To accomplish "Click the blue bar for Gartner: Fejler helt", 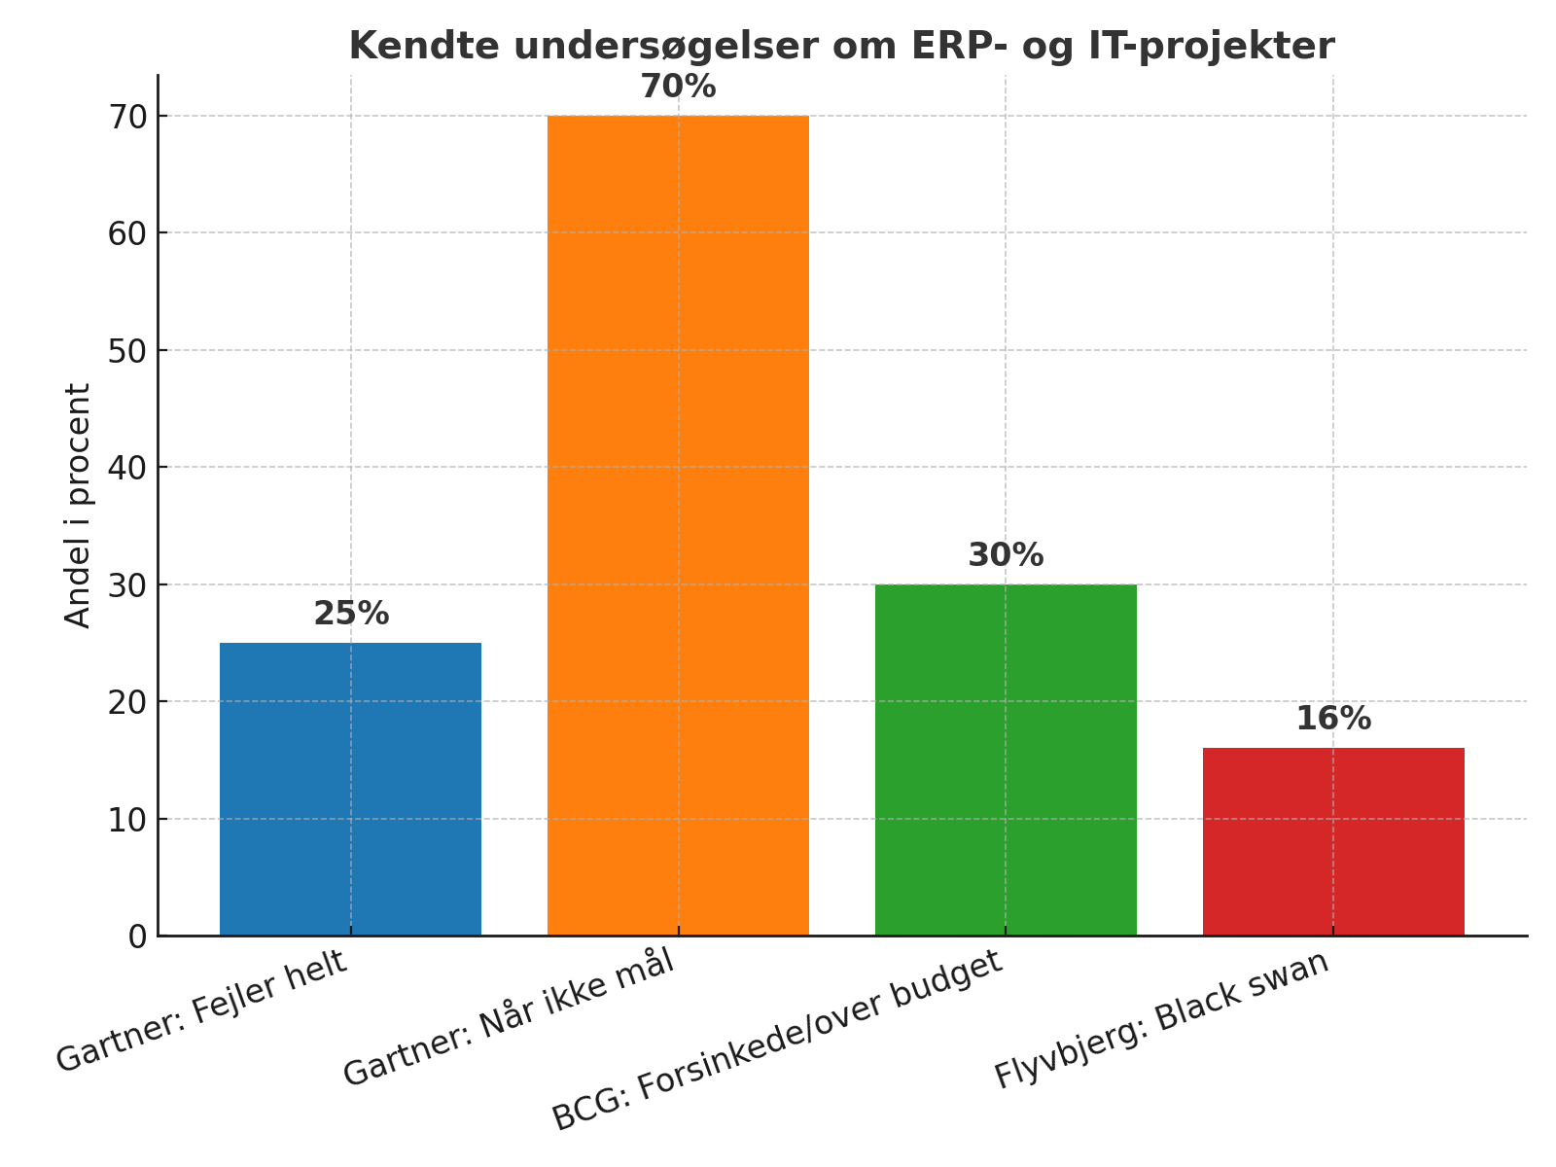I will point(350,789).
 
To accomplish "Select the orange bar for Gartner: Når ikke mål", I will point(678,525).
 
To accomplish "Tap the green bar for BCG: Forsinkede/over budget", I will point(1006,760).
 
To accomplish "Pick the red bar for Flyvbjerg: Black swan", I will point(1333,841).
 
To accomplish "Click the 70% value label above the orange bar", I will point(678,88).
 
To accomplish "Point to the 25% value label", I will point(351,615).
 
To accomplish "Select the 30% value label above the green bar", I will point(1006,556).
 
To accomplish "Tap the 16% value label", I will point(1333,720).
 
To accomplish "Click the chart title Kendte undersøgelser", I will point(841,46).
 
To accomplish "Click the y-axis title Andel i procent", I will point(78,505).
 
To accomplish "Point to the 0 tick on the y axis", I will point(137,937).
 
